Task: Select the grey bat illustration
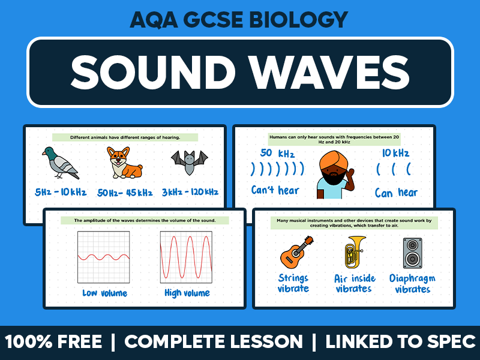188,160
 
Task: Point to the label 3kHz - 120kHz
190,193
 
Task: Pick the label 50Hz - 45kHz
125,193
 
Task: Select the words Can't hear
276,191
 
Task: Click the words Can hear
396,193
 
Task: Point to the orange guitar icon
296,251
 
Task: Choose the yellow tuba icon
355,251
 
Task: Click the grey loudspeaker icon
412,253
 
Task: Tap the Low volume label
104,293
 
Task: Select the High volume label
187,293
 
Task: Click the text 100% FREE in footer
53,342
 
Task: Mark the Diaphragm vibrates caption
412,284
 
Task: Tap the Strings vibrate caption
293,283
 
